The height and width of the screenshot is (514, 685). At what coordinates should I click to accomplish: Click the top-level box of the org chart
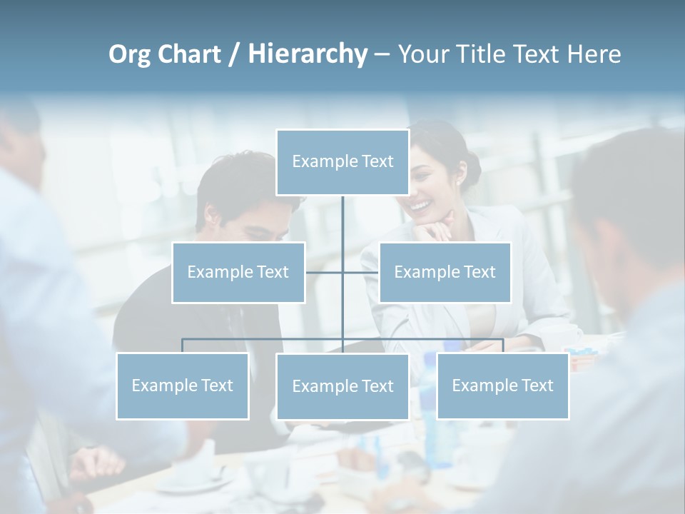click(x=342, y=162)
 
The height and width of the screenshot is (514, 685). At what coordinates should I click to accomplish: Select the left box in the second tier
click(x=238, y=272)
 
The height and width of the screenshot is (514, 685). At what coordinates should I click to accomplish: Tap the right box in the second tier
click(x=445, y=272)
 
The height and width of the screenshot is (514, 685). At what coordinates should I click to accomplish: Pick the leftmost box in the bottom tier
click(x=182, y=385)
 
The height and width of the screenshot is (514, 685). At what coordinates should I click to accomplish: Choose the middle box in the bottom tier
click(x=342, y=386)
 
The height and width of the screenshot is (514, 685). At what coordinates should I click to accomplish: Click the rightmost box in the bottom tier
click(x=502, y=385)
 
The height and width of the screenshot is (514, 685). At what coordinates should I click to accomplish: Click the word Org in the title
click(x=129, y=54)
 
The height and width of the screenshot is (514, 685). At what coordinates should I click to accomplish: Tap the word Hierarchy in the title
click(x=307, y=54)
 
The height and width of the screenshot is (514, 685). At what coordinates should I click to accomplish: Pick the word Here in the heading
click(x=594, y=54)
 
